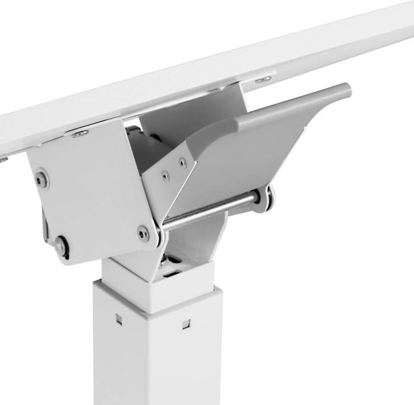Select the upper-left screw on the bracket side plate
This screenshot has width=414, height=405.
click(x=41, y=178)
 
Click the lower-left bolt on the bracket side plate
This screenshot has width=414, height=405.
click(x=60, y=246)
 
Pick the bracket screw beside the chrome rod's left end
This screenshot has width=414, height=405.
click(x=143, y=232)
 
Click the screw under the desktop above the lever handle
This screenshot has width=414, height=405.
click(x=263, y=79)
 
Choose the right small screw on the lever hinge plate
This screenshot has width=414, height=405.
click(x=182, y=163)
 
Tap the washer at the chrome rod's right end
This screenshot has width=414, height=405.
click(x=267, y=197)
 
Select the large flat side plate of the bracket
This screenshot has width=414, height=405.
click(x=92, y=196)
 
